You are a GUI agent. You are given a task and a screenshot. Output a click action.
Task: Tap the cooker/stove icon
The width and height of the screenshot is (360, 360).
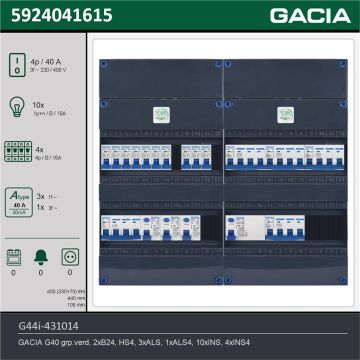(x=14, y=258)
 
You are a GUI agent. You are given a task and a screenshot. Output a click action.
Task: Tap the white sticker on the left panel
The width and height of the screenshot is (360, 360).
(x=157, y=116)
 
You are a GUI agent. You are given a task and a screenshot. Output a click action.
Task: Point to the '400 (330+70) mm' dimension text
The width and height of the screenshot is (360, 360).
(x=69, y=290)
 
